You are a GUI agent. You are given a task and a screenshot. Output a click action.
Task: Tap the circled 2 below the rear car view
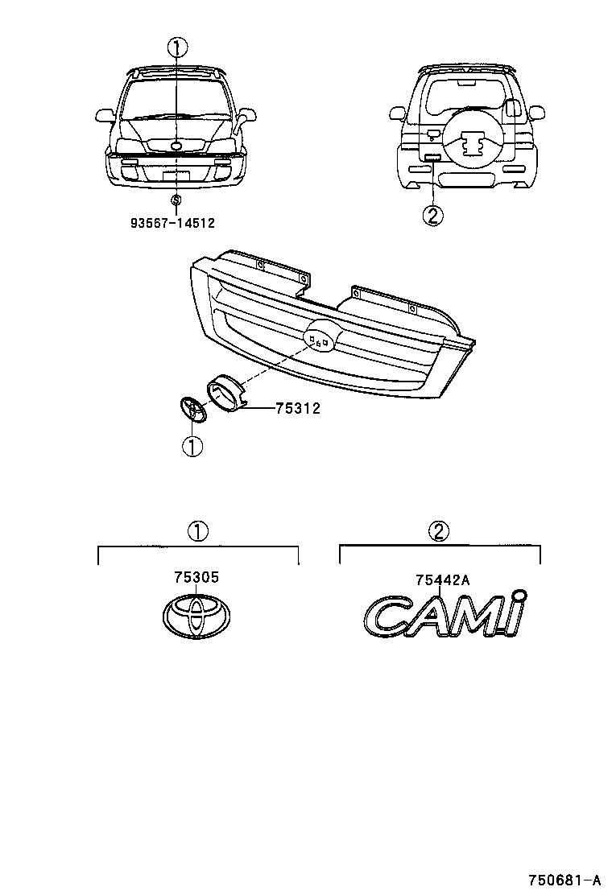tap(432, 216)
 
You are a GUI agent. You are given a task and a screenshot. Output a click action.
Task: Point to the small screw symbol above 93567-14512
tap(176, 199)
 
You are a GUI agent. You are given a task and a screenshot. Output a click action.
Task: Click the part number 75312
tap(297, 409)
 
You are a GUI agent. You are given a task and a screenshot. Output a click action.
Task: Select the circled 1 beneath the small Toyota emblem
tap(192, 446)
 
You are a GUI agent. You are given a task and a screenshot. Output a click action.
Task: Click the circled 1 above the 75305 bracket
tap(198, 531)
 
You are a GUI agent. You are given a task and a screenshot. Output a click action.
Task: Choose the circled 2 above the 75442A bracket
tap(439, 531)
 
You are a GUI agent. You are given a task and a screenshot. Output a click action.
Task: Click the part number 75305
tap(196, 578)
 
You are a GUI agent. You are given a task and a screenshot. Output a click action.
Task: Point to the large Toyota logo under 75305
tap(196, 618)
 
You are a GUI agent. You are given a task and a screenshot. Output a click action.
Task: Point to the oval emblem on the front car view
tap(176, 146)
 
